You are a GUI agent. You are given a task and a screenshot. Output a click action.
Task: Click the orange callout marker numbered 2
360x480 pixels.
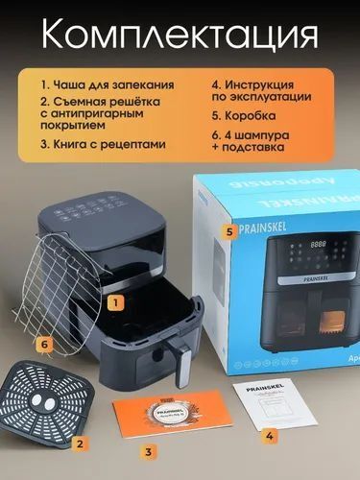coord(82,443)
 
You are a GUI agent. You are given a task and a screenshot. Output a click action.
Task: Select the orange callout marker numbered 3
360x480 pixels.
coord(147,450)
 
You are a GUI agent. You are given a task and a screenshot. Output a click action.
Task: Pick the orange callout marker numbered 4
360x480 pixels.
coord(271,435)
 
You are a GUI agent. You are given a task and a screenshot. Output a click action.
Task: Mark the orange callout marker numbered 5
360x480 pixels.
coord(229,231)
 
